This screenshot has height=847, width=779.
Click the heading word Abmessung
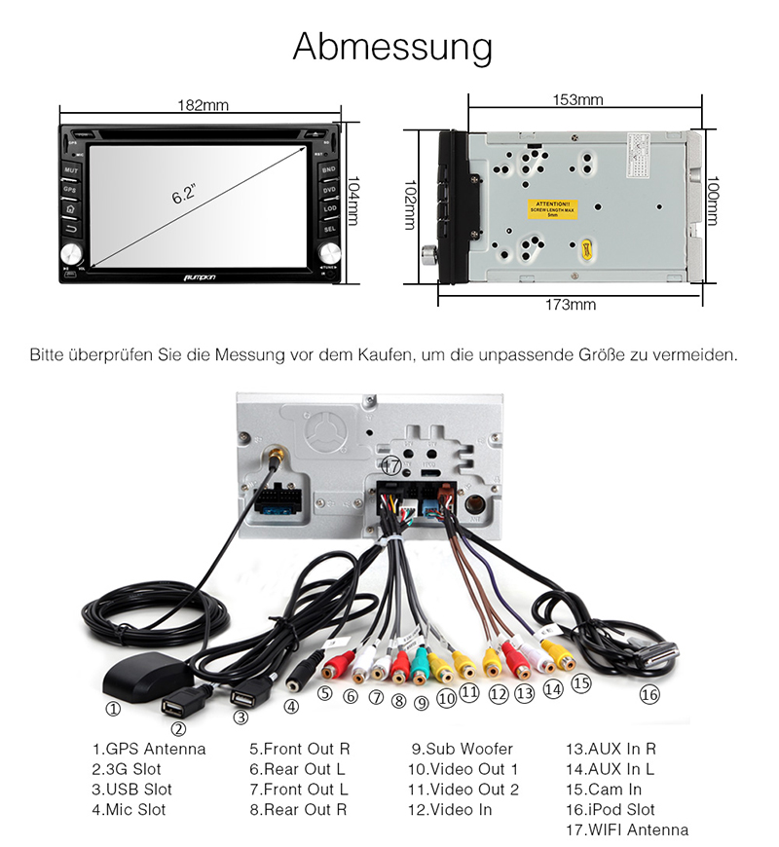(x=392, y=47)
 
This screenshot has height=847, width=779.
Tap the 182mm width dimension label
(x=203, y=105)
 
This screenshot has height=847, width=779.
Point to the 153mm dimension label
(x=577, y=100)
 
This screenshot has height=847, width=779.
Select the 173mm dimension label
(x=570, y=305)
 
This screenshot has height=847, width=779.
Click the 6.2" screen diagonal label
(x=184, y=194)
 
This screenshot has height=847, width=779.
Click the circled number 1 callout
(x=114, y=709)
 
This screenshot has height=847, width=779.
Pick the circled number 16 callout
(x=649, y=695)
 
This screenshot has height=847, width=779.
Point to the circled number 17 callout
(x=391, y=465)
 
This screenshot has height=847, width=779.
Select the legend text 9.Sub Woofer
(x=462, y=749)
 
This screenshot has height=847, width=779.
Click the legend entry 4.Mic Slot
(x=129, y=810)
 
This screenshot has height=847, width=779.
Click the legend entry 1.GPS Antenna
(x=149, y=749)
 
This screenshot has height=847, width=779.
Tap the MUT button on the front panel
(x=71, y=170)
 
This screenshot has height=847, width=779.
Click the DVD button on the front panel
(x=329, y=189)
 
